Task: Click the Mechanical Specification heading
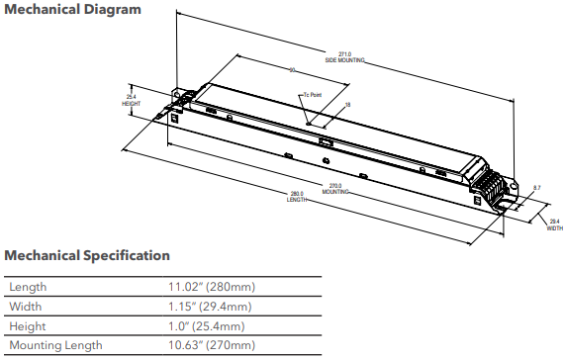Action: pyautogui.click(x=87, y=256)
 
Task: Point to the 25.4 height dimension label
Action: pyautogui.click(x=132, y=99)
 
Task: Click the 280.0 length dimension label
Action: pyautogui.click(x=298, y=197)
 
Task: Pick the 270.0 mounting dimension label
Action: pyautogui.click(x=334, y=188)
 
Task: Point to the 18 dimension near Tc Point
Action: pyautogui.click(x=347, y=104)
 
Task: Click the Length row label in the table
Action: pyautogui.click(x=28, y=287)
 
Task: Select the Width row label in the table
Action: pyautogui.click(x=26, y=307)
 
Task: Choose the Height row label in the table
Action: pyautogui.click(x=28, y=326)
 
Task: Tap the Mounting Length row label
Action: pyautogui.click(x=55, y=346)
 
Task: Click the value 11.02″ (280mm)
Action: pyautogui.click(x=214, y=287)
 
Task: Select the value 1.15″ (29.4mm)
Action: pyautogui.click(x=214, y=307)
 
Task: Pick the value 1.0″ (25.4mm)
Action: pyautogui.click(x=211, y=326)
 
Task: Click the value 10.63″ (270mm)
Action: pyautogui.click(x=214, y=346)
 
